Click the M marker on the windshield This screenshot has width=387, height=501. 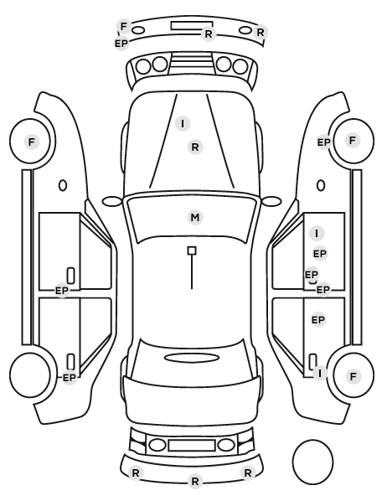pyautogui.click(x=195, y=217)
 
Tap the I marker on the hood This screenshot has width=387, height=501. pyautogui.click(x=183, y=123)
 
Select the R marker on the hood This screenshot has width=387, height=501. pyautogui.click(x=195, y=147)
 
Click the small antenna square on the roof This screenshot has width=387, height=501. pyautogui.click(x=192, y=250)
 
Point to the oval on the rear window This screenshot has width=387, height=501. pyautogui.click(x=192, y=358)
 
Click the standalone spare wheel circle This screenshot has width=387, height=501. pyautogui.click(x=312, y=462)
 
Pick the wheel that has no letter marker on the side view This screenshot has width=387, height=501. pyautogui.click(x=30, y=374)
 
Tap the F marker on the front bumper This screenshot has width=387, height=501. pyautogui.click(x=124, y=26)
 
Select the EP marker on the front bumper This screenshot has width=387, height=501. pyautogui.click(x=121, y=43)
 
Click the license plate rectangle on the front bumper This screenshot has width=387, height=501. pyautogui.click(x=192, y=26)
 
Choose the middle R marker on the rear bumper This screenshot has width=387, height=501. pyautogui.click(x=195, y=481)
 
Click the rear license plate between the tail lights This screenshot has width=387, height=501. pyautogui.click(x=192, y=445)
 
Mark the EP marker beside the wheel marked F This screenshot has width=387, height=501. pyautogui.click(x=323, y=142)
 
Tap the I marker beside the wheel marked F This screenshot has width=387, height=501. pyautogui.click(x=320, y=373)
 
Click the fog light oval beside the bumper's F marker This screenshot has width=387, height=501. pyautogui.click(x=138, y=30)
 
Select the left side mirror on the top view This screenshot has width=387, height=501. pyautogui.click(x=112, y=201)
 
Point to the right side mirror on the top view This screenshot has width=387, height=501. pyautogui.click(x=271, y=201)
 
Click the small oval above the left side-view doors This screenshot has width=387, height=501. pyautogui.click(x=63, y=185)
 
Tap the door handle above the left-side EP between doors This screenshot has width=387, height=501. pyautogui.click(x=71, y=276)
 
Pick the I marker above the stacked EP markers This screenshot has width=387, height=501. pyautogui.click(x=317, y=234)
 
